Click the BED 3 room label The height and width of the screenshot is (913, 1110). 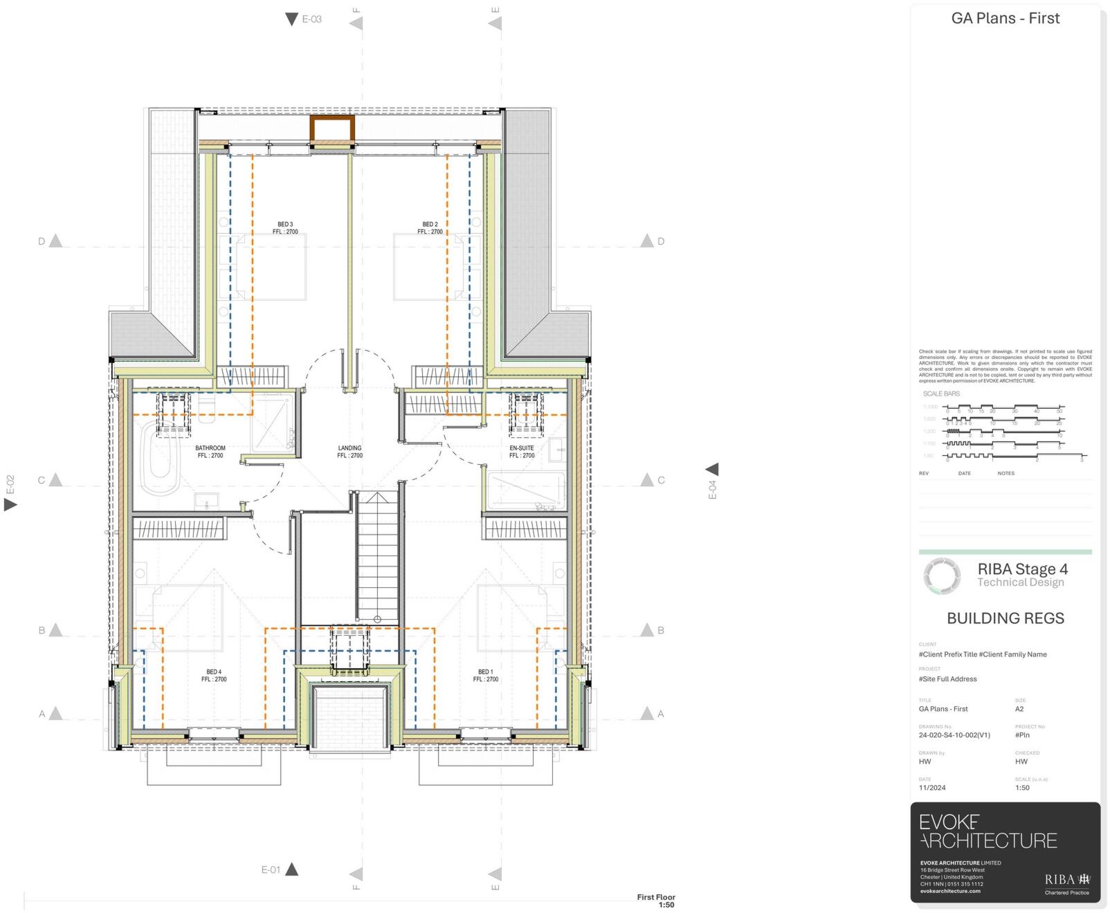pyautogui.click(x=285, y=225)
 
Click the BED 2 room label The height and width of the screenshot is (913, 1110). pyautogui.click(x=430, y=225)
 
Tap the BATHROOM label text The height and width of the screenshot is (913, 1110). pyautogui.click(x=210, y=448)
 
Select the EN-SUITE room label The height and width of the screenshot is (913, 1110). pyautogui.click(x=522, y=448)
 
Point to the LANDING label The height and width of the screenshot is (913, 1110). pyautogui.click(x=349, y=448)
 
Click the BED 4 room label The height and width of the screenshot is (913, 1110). pyautogui.click(x=214, y=672)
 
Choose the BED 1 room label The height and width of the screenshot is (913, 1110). pyautogui.click(x=486, y=672)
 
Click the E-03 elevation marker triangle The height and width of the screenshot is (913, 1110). pyautogui.click(x=292, y=19)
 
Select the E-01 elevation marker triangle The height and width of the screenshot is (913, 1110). pyautogui.click(x=292, y=869)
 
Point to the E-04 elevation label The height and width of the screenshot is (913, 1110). pyautogui.click(x=713, y=489)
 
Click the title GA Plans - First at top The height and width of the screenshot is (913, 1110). pyautogui.click(x=1005, y=19)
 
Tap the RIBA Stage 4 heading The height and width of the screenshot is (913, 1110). pyautogui.click(x=1022, y=569)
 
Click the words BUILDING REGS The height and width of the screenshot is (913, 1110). pyautogui.click(x=1005, y=618)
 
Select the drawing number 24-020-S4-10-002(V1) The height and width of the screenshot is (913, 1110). pyautogui.click(x=954, y=735)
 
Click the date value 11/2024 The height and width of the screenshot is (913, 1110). pyautogui.click(x=932, y=788)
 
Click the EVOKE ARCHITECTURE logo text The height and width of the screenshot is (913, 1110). pyautogui.click(x=988, y=831)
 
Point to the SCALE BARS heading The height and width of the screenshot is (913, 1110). pyautogui.click(x=941, y=394)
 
